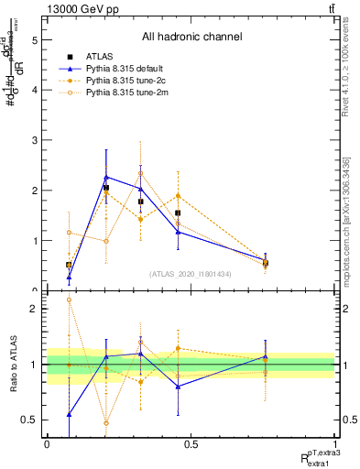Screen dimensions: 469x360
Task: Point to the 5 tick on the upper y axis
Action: [x=35, y=40]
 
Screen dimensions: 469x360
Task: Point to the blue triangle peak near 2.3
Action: [x=106, y=177]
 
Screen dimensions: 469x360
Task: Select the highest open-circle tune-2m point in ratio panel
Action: [x=69, y=300]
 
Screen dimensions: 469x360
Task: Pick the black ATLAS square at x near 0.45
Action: [x=178, y=213]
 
